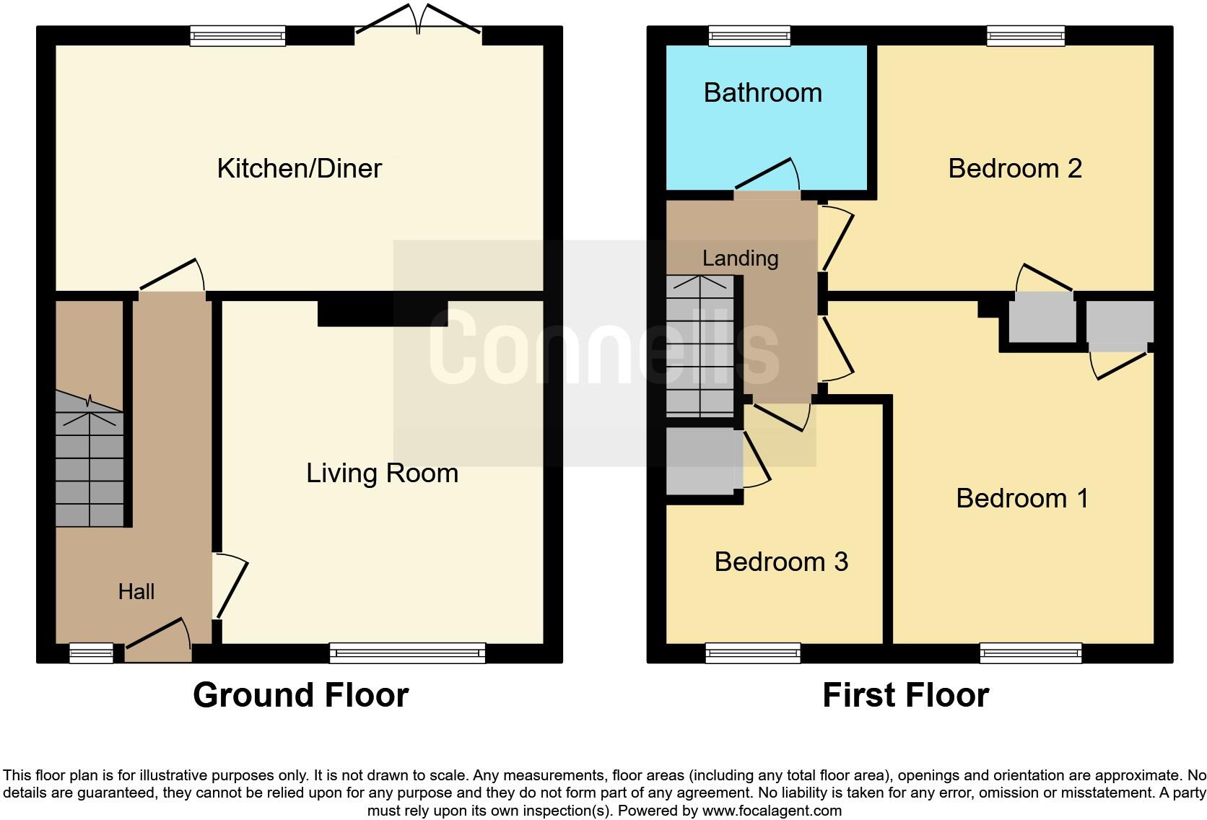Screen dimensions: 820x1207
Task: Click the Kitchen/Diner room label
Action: coord(299,168)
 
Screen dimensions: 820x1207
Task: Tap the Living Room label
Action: coord(382,473)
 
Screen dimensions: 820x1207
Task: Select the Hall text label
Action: coord(136,592)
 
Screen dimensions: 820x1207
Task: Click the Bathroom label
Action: coord(762,92)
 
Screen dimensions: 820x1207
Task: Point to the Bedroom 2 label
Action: coord(1014,168)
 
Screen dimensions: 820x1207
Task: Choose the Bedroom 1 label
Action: coord(1021,498)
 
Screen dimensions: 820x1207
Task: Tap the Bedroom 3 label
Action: coord(781,562)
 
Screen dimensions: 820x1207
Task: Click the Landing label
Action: coord(740,258)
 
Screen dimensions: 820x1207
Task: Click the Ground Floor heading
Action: coord(300,695)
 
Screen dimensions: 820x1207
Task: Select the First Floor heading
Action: coord(905,695)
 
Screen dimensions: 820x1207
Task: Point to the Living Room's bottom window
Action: coord(407,653)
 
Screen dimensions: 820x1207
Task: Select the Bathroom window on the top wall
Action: coord(749,35)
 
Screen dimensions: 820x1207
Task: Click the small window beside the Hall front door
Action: coord(92,653)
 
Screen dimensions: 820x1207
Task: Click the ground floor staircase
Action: coord(90,462)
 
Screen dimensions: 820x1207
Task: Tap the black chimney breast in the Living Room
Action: coord(383,313)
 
